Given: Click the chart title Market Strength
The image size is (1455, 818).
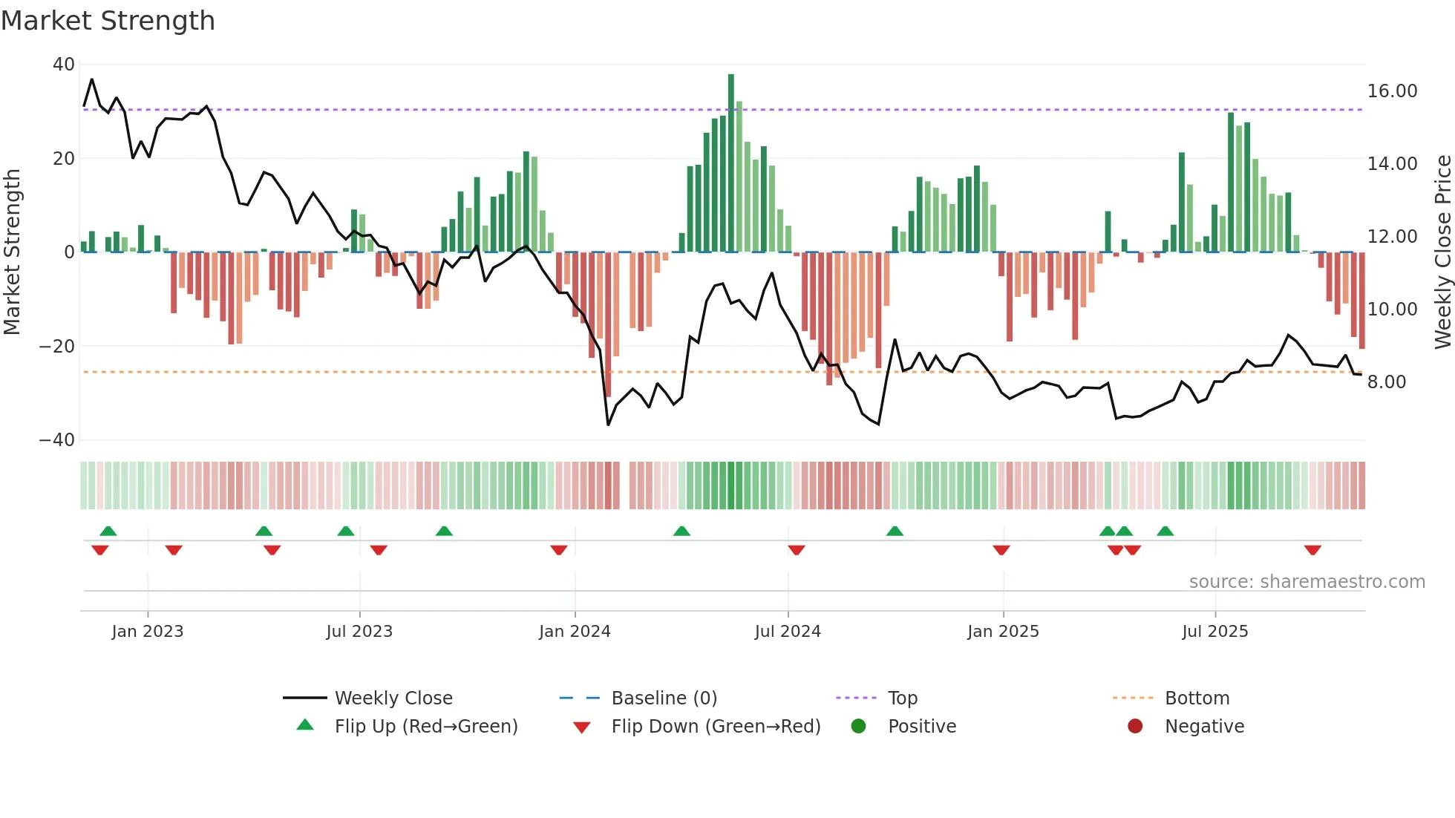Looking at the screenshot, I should [108, 21].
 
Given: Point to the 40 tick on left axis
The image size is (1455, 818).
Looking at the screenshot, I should [63, 65].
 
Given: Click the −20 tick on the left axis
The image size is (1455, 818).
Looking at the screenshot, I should [57, 346].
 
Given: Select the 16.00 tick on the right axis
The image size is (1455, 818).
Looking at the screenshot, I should [1392, 91].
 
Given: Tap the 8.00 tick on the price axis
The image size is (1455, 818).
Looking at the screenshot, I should [1387, 382].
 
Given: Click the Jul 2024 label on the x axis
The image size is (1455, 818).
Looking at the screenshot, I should [788, 631].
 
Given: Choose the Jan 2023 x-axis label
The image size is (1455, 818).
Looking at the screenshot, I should [147, 631].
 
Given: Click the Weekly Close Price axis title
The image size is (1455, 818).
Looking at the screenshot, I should [1442, 252].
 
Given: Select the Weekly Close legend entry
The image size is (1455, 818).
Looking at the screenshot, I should [393, 698].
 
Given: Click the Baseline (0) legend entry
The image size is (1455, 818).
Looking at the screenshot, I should [664, 698].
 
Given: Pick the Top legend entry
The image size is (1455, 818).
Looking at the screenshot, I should [903, 698].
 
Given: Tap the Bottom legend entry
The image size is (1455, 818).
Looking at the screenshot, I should [1197, 698].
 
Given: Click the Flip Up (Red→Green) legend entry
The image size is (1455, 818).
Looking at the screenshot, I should [425, 726].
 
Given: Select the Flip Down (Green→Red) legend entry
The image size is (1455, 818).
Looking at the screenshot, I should [716, 726].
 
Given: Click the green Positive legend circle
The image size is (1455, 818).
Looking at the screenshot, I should [859, 726].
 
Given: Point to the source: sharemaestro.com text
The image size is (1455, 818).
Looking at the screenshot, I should [1307, 581].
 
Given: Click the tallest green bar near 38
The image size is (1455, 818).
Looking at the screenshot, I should [731, 163].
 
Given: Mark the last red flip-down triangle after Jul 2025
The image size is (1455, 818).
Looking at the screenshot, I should [1312, 550].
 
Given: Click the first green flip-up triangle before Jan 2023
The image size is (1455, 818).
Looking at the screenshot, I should [108, 531].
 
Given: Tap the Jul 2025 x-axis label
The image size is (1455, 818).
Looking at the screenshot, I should [1214, 631].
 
